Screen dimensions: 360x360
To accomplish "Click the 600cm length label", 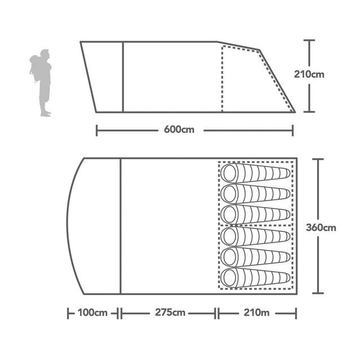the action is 179,130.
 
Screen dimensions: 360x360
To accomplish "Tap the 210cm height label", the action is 309,74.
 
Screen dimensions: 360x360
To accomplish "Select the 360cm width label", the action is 321,227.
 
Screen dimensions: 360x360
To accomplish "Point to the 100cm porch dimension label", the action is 93,313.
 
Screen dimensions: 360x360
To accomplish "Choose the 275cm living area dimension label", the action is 170,313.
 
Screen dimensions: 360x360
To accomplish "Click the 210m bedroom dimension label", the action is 256,313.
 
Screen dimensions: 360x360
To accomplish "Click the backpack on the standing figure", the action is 36,68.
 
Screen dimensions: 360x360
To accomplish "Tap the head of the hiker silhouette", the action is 45,54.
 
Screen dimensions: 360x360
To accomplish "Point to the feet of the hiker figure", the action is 46,113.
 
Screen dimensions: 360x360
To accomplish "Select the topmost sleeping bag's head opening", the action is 230,173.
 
